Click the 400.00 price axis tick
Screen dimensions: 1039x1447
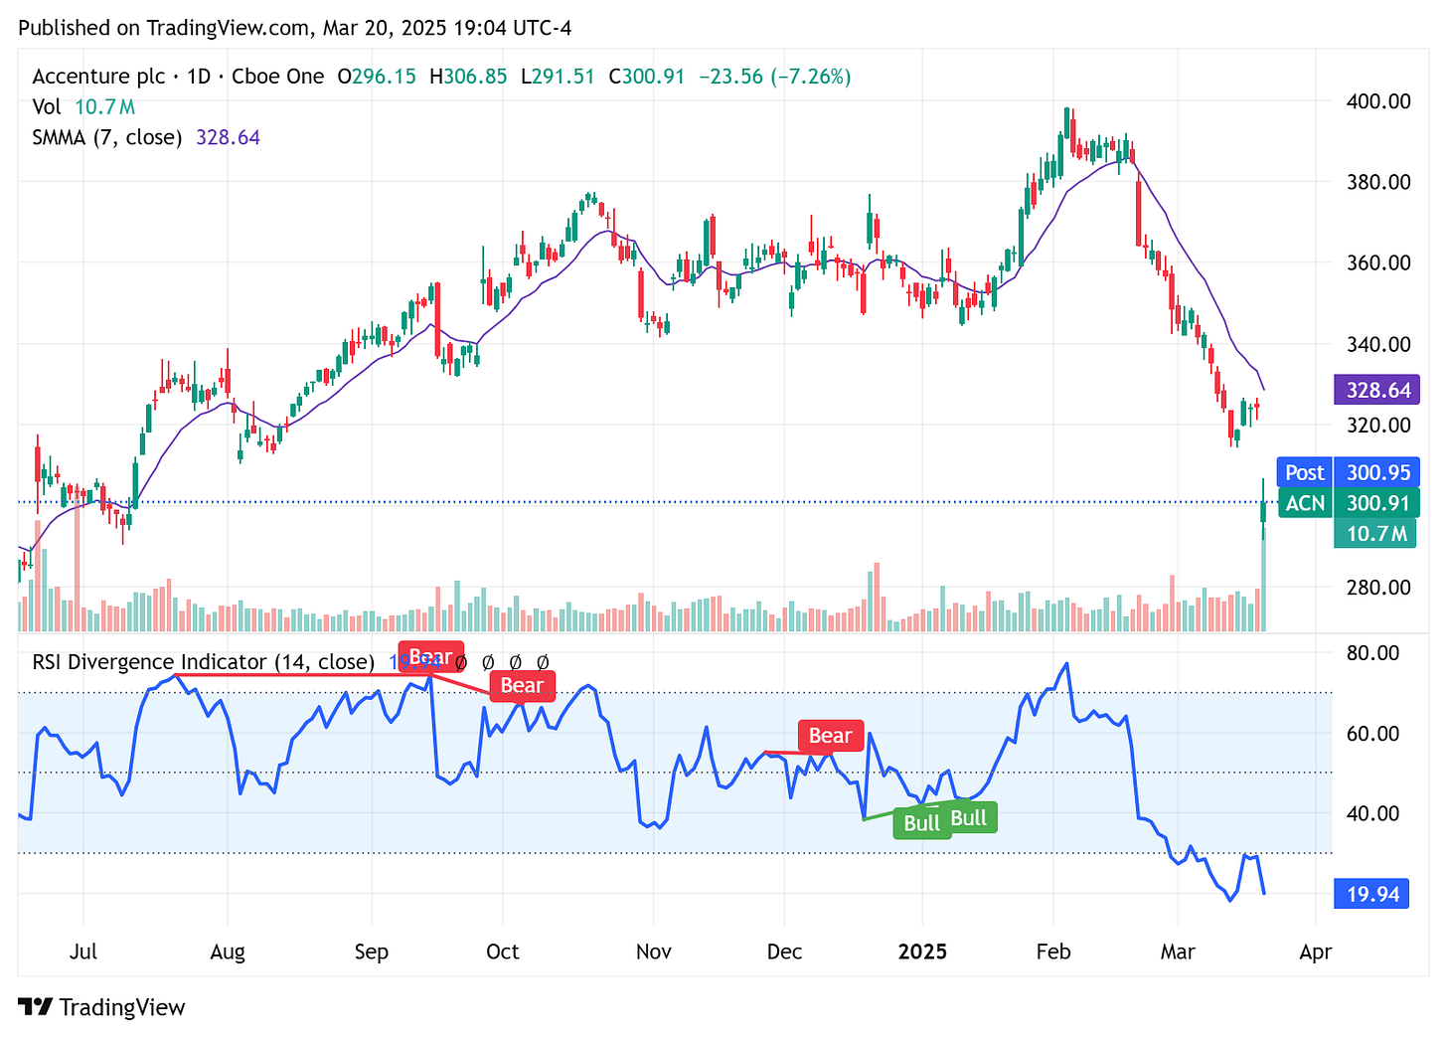click(x=1377, y=101)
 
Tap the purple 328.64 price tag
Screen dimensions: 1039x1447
click(x=1377, y=390)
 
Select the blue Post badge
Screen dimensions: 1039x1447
click(x=1304, y=473)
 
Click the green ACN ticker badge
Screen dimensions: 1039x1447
click(x=1304, y=503)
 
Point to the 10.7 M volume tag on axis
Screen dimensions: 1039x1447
click(x=1375, y=534)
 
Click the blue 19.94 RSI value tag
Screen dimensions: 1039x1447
click(x=1372, y=895)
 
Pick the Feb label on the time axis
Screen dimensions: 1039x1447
click(x=1052, y=952)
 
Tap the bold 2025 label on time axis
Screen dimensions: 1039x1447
click(x=922, y=952)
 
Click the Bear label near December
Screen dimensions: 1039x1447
click(x=830, y=736)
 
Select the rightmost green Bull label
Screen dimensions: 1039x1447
click(x=969, y=817)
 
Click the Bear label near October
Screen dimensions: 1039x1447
click(x=522, y=685)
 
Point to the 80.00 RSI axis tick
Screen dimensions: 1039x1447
click(x=1372, y=653)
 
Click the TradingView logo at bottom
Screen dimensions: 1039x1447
click(x=101, y=1007)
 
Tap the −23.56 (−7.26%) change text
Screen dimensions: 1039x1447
click(x=774, y=77)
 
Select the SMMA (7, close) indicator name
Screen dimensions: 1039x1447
click(x=106, y=137)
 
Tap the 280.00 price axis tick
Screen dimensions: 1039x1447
click(x=1377, y=587)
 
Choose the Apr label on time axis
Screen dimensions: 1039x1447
click(x=1315, y=952)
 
